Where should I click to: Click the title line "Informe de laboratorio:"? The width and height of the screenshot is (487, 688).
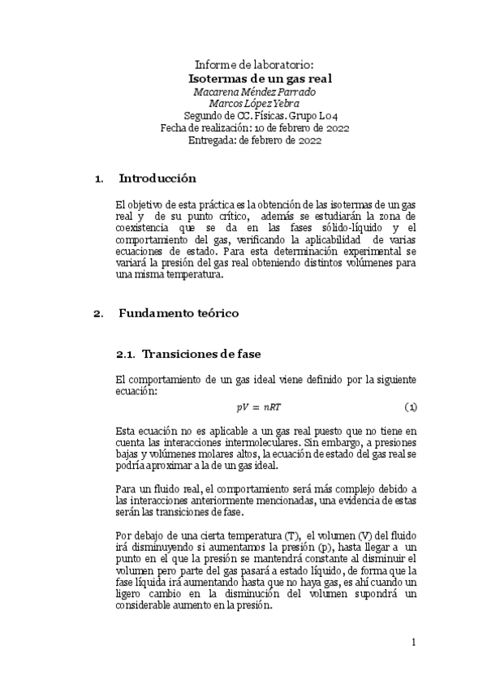click(254, 64)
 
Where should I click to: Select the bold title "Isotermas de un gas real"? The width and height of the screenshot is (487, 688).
click(260, 78)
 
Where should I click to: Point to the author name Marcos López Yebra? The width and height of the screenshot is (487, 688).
click(254, 103)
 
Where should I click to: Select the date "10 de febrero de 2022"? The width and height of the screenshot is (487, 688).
click(301, 127)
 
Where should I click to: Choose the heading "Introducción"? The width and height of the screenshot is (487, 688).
click(157, 178)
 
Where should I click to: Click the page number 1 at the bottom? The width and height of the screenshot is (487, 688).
click(413, 643)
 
